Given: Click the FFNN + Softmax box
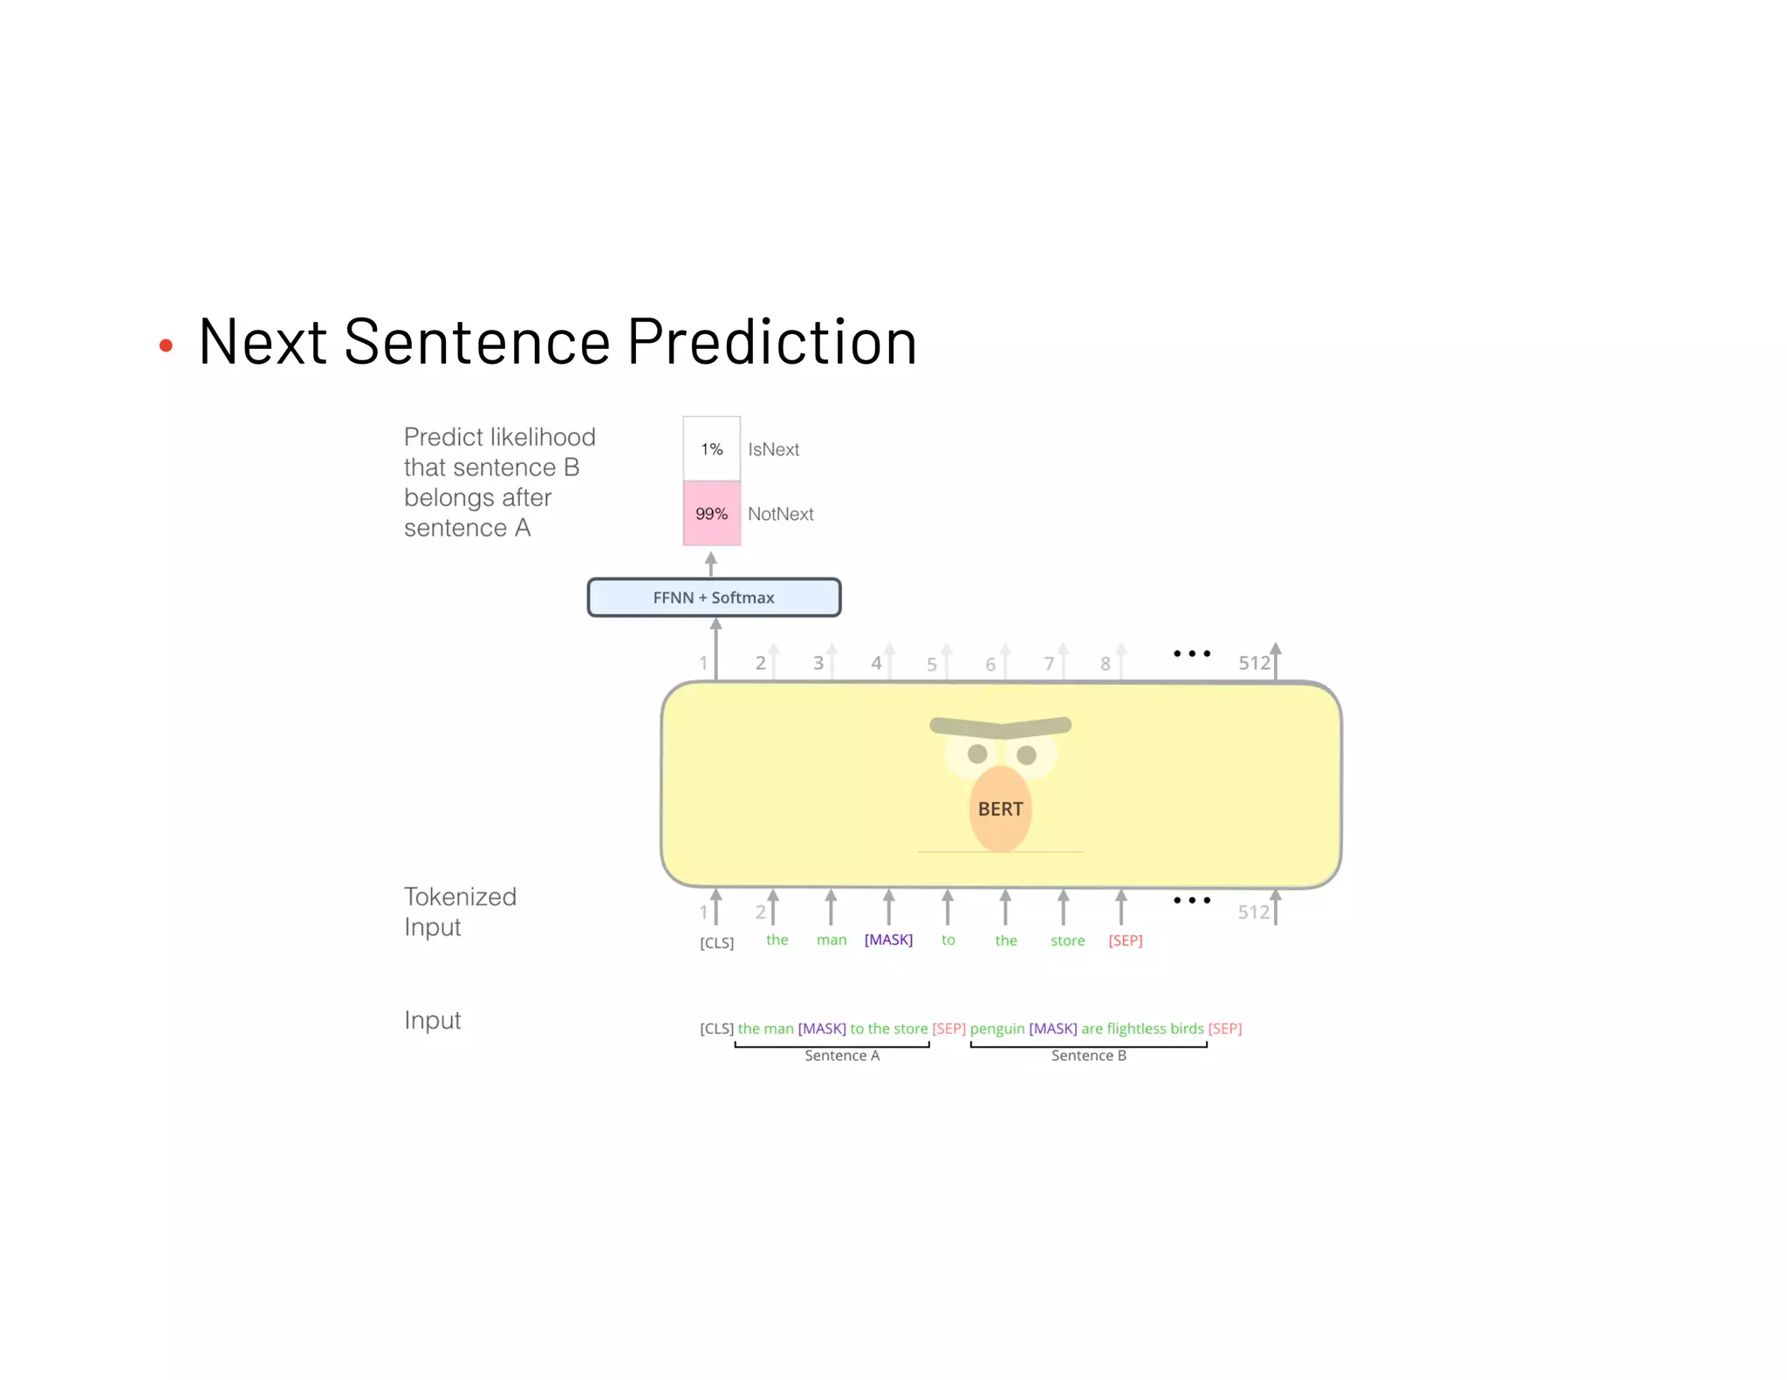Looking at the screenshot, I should tap(714, 598).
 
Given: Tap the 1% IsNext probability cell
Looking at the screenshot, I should tap(711, 449).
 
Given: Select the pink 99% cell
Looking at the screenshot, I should tap(711, 514).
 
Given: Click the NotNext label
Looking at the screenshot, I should tap(780, 514).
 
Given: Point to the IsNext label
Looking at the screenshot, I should tap(773, 449).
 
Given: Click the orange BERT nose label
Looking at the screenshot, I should tap(1000, 809).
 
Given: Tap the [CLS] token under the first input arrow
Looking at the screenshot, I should tap(716, 943).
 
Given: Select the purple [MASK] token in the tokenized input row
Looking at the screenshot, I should tap(888, 939).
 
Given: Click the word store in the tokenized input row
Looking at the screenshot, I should tap(1067, 940).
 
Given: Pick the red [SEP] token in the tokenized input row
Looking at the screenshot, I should tap(1125, 940).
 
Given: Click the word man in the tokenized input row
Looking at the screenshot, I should tap(832, 940).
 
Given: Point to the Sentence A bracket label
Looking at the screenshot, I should tap(842, 1055).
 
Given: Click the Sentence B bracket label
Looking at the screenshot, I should tap(1088, 1055).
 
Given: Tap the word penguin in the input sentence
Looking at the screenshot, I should tap(996, 1028).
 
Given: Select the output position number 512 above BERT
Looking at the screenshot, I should tap(1254, 663).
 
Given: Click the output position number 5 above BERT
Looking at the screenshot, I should tap(932, 665).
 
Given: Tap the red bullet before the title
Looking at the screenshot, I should tap(166, 346).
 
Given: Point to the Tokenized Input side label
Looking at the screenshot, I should tap(460, 912).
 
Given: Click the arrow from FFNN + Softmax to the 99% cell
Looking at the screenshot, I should tap(711, 564).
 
